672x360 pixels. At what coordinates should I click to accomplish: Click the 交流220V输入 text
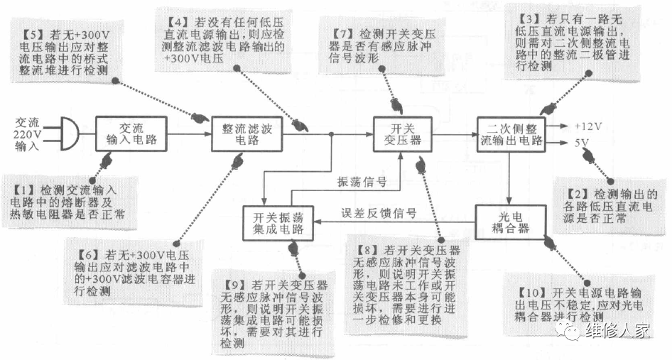[x=28, y=133]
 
